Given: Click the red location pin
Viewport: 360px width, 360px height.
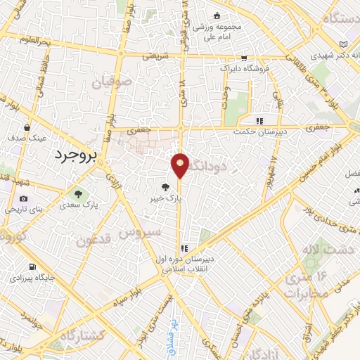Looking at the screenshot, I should tap(181, 165).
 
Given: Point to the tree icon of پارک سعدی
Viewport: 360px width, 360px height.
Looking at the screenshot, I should tap(78, 194).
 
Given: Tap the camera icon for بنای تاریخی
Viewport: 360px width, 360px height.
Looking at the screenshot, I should tap(24, 199).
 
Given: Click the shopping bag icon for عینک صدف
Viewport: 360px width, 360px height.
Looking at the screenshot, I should tap(27, 127).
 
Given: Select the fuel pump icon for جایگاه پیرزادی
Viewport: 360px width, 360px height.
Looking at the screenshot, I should tap(15, 277).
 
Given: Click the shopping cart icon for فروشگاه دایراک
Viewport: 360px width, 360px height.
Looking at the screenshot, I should tap(244, 58).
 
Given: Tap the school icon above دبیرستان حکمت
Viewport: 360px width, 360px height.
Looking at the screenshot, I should tap(259, 120).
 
